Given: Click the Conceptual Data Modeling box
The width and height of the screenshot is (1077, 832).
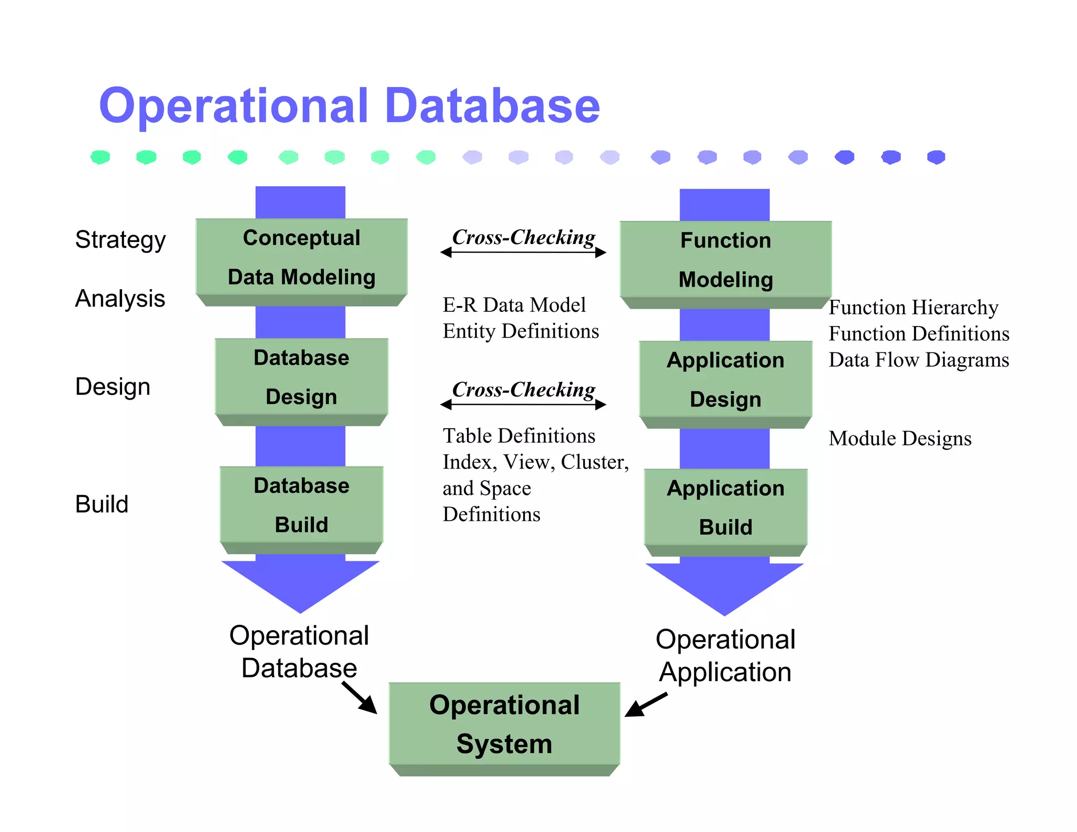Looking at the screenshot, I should pyautogui.click(x=301, y=257).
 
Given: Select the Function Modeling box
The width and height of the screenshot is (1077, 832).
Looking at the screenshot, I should pyautogui.click(x=726, y=260).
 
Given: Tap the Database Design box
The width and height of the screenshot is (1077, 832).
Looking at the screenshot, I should pyautogui.click(x=301, y=377).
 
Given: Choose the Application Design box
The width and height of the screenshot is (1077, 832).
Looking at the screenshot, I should pyautogui.click(x=726, y=380).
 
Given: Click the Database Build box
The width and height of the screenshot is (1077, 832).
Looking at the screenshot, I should pyautogui.click(x=301, y=505).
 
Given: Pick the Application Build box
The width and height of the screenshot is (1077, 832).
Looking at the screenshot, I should pyautogui.click(x=726, y=508).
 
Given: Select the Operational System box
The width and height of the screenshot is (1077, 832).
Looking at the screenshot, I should pyautogui.click(x=504, y=724).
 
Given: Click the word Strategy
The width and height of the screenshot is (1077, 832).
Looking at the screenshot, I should pyautogui.click(x=120, y=240).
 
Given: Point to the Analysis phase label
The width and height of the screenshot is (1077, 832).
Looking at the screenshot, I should pyautogui.click(x=120, y=299).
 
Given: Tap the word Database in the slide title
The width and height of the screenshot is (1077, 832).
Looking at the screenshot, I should pyautogui.click(x=492, y=106).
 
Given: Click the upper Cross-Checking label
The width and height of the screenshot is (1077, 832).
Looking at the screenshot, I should pyautogui.click(x=524, y=237).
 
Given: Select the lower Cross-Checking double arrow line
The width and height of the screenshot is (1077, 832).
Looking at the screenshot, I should pyautogui.click(x=523, y=404).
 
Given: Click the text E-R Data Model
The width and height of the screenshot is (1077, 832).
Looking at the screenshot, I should pyautogui.click(x=514, y=305).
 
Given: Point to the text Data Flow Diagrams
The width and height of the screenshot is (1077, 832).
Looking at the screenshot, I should pyautogui.click(x=919, y=360).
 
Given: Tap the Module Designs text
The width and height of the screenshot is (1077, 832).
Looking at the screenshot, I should pyautogui.click(x=900, y=438).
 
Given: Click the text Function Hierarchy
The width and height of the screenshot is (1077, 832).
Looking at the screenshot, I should pyautogui.click(x=913, y=307).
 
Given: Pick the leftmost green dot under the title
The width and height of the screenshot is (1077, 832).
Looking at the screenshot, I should pyautogui.click(x=100, y=157).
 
